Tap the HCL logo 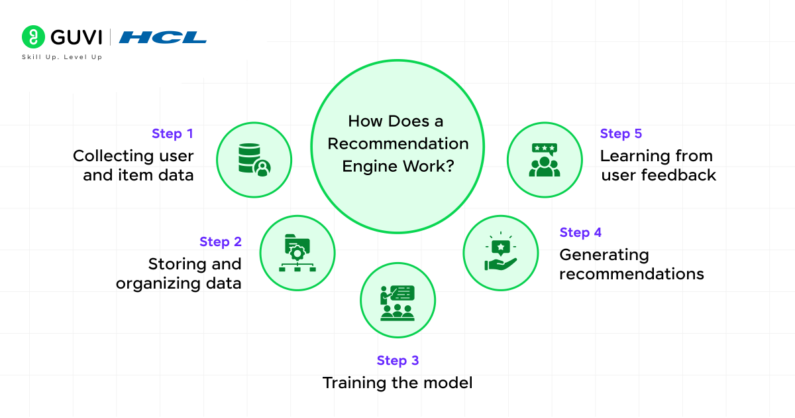click(x=163, y=37)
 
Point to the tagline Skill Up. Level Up click(x=62, y=57)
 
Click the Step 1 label click(x=172, y=133)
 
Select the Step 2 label click(x=221, y=242)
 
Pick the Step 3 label click(x=397, y=360)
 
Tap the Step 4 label click(x=580, y=232)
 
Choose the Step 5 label click(x=621, y=133)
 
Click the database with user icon click(x=254, y=160)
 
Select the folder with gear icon click(x=297, y=253)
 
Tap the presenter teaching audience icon click(x=397, y=302)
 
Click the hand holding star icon click(x=500, y=253)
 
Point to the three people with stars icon click(x=545, y=160)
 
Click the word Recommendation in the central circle click(x=397, y=143)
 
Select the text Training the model click(x=397, y=383)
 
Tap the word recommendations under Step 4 click(x=631, y=274)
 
